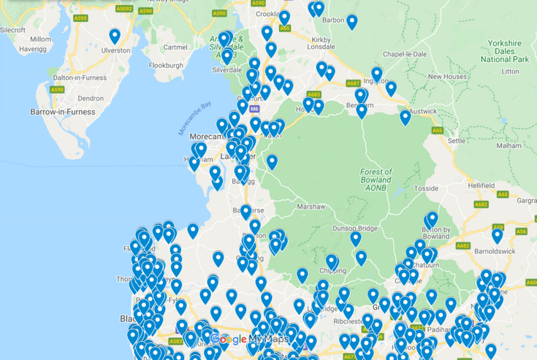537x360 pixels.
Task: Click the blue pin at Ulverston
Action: coord(115,36)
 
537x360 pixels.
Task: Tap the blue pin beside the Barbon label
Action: coord(351,21)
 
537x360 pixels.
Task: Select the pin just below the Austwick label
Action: coord(405,117)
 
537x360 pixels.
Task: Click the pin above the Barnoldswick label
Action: coord(498,235)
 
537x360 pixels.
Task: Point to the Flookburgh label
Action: coord(167,65)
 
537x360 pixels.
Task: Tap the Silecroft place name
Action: coord(13,30)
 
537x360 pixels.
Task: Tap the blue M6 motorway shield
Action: coord(254,109)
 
